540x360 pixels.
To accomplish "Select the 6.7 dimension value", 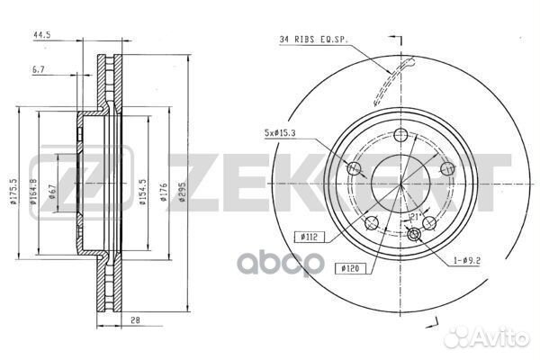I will [x=38, y=69].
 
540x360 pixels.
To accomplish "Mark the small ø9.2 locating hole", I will [x=415, y=235].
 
